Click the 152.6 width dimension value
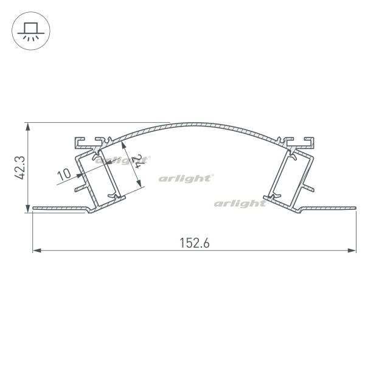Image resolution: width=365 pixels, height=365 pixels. [x=195, y=243]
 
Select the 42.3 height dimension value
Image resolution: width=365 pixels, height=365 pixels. [x=19, y=168]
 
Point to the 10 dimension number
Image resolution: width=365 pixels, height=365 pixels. [x=64, y=175]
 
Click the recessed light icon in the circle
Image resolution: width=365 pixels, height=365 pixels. [x=31, y=32]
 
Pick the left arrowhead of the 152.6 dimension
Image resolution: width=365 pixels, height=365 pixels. [x=37, y=251]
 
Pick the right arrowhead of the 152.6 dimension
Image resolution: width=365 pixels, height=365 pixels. [x=352, y=251]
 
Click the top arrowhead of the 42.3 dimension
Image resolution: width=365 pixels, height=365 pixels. [x=28, y=127]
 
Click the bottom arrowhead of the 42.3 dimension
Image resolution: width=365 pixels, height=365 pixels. [x=28, y=208]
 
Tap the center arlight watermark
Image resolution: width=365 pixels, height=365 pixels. [x=186, y=178]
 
